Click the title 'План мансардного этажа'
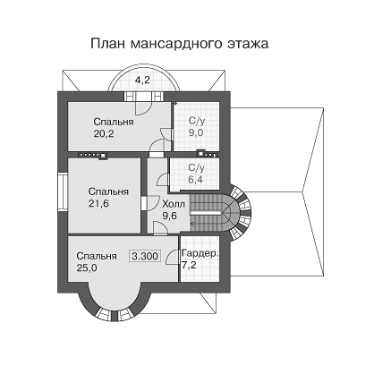pyautogui.click(x=180, y=43)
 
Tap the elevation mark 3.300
pyautogui.click(x=145, y=256)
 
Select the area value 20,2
pyautogui.click(x=104, y=134)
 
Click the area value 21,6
pyautogui.click(x=98, y=204)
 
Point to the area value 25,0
pyautogui.click(x=87, y=268)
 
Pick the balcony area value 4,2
pyautogui.click(x=143, y=81)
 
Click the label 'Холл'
pyautogui.click(x=174, y=204)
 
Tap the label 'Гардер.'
pyautogui.click(x=200, y=254)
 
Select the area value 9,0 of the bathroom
pyautogui.click(x=196, y=132)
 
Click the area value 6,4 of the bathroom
pyautogui.click(x=196, y=180)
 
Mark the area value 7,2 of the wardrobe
pyautogui.click(x=189, y=265)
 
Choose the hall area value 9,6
pyautogui.click(x=169, y=216)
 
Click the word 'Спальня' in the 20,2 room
pyautogui.click(x=114, y=123)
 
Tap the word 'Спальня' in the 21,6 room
pyautogui.click(x=108, y=191)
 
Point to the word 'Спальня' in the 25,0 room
pyautogui.click(x=97, y=256)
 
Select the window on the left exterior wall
pyautogui.click(x=63, y=192)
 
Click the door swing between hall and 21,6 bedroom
pyautogui.click(x=153, y=204)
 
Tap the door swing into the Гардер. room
pyautogui.click(x=173, y=257)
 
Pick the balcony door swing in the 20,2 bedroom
pyautogui.click(x=144, y=107)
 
